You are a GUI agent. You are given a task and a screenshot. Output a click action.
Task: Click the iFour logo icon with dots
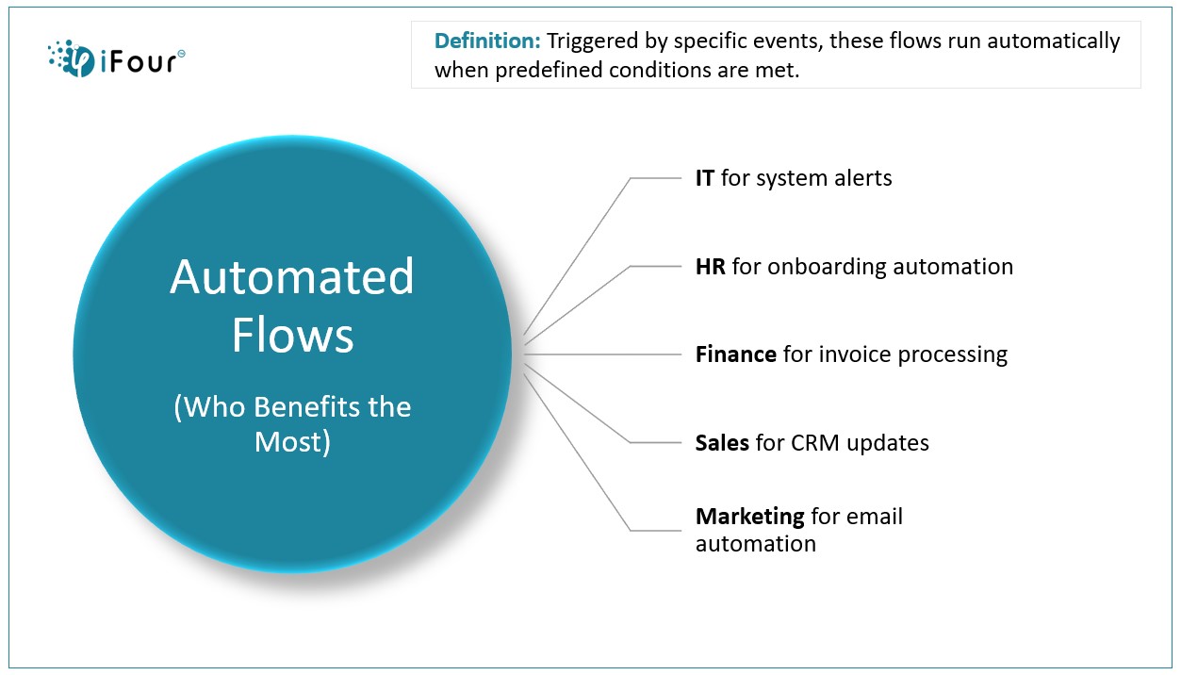coord(72,58)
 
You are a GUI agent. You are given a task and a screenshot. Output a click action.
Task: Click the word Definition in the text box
coord(487,41)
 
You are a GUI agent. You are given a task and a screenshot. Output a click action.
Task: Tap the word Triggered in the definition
coord(592,41)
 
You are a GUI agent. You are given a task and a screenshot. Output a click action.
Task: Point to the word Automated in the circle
coord(292,277)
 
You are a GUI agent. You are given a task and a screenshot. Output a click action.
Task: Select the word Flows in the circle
coord(292,335)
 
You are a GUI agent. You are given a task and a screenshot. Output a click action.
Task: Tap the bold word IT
coord(705,178)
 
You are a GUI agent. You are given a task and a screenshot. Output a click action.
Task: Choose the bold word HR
coord(711,267)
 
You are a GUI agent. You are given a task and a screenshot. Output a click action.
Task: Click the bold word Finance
coord(736,354)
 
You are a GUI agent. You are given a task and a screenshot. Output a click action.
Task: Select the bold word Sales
coord(722,443)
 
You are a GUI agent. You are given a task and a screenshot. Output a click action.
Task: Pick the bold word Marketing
coord(750,517)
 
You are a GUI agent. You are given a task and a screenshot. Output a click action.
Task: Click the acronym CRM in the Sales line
coord(815,443)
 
